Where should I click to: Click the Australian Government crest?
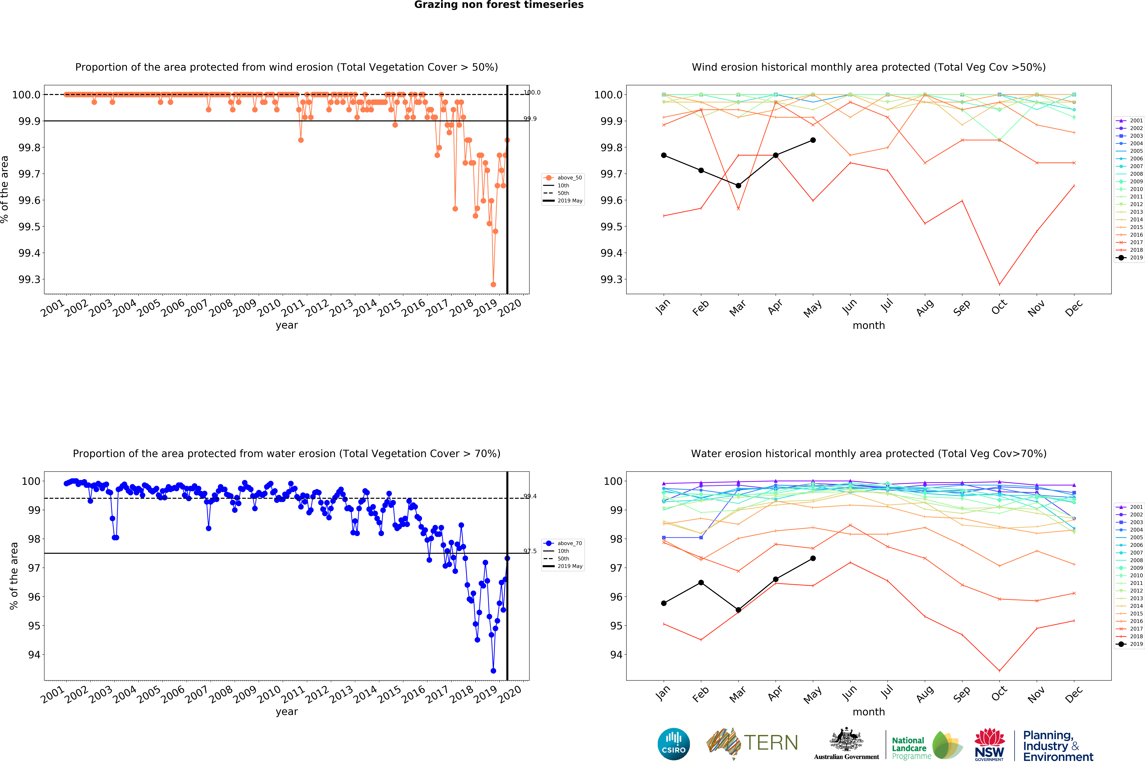pyautogui.click(x=846, y=739)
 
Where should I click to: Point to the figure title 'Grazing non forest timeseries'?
pyautogui.click(x=499, y=5)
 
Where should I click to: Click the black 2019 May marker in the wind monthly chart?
pyautogui.click(x=813, y=140)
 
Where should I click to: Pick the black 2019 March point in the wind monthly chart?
pyautogui.click(x=738, y=186)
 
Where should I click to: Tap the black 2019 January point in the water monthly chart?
pyautogui.click(x=664, y=603)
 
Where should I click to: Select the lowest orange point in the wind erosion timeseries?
pyautogui.click(x=493, y=284)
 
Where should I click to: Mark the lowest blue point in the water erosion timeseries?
pyautogui.click(x=493, y=671)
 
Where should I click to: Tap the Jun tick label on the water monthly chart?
pyautogui.click(x=849, y=693)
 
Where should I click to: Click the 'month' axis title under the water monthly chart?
pyautogui.click(x=869, y=712)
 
